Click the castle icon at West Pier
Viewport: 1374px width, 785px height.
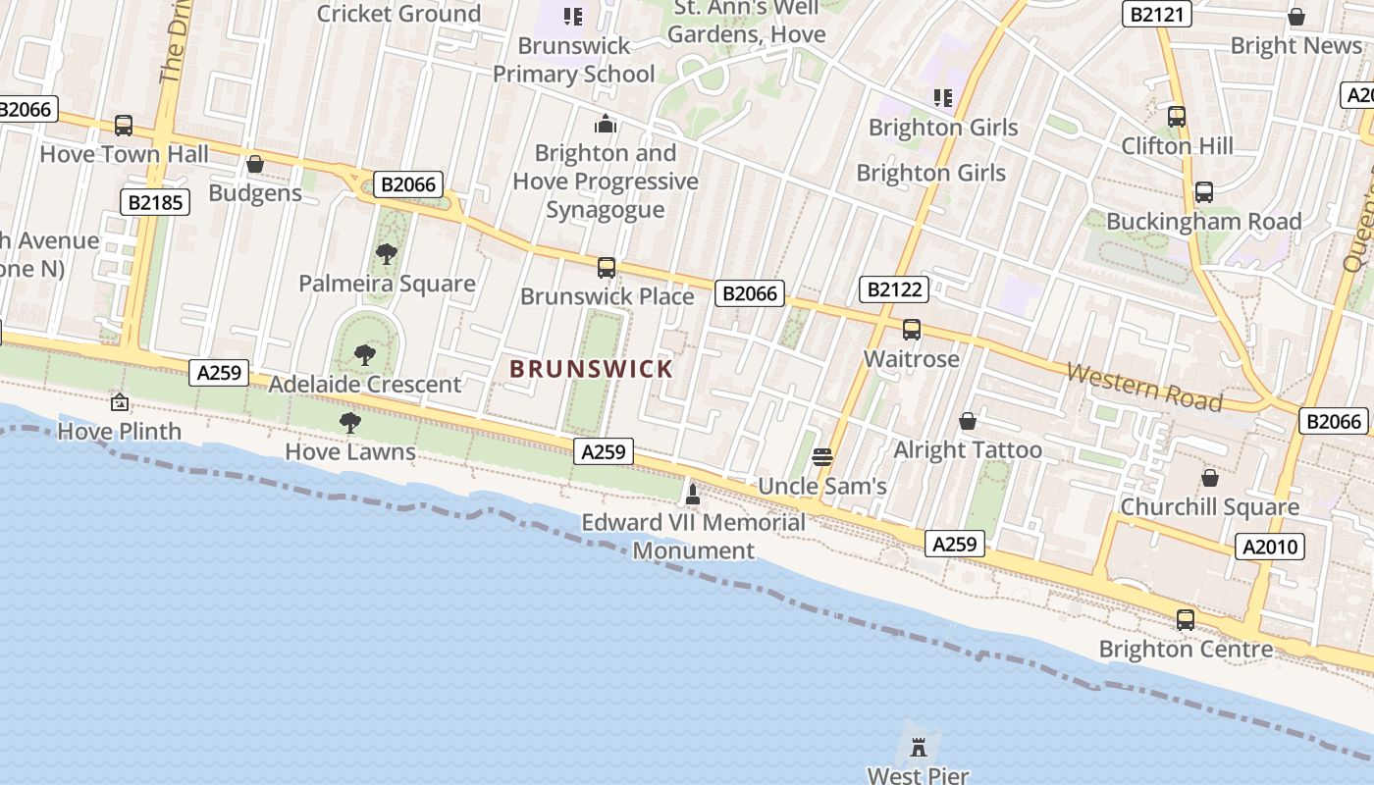(x=919, y=747)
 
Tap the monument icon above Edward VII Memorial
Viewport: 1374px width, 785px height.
(x=693, y=495)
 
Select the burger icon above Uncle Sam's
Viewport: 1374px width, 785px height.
(x=822, y=457)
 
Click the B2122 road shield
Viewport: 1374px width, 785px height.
(x=894, y=288)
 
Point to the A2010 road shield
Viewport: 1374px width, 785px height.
(x=1270, y=547)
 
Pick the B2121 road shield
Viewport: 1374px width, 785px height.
(x=1158, y=14)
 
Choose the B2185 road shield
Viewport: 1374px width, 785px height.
(x=155, y=202)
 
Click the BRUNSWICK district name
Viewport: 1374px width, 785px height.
(x=592, y=369)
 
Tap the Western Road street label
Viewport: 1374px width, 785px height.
(x=1143, y=388)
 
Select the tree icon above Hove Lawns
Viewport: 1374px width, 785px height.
(x=349, y=423)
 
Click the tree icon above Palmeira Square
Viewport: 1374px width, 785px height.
(x=387, y=254)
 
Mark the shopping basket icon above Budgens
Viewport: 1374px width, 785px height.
(x=255, y=164)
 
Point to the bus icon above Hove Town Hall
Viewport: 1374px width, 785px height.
(x=124, y=126)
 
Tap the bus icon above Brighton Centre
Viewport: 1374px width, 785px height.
(x=1186, y=620)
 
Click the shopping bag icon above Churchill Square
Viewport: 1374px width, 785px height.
(x=1210, y=478)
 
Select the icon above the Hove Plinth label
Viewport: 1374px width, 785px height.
(x=120, y=402)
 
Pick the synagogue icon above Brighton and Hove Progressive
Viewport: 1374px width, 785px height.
(x=605, y=125)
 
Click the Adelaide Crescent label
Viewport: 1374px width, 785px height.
(x=365, y=384)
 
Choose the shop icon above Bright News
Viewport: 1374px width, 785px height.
(x=1295, y=17)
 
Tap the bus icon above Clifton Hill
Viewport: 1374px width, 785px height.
(x=1177, y=117)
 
